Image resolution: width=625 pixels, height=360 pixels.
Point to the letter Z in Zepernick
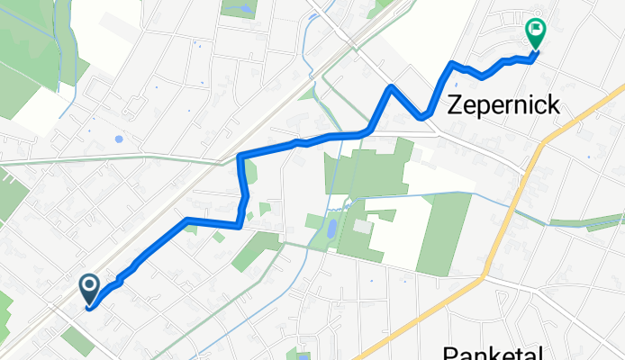pyautogui.click(x=457, y=104)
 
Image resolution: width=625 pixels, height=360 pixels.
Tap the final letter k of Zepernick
pyautogui.click(x=552, y=104)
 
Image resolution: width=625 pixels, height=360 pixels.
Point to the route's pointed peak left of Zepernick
pyautogui.click(x=392, y=87)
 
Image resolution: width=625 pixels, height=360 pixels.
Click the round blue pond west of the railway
pyautogui.click(x=119, y=139)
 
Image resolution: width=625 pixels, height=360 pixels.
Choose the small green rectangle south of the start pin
pyautogui.click(x=77, y=339)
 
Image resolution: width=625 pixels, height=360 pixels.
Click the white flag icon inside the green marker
pyautogui.click(x=535, y=31)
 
